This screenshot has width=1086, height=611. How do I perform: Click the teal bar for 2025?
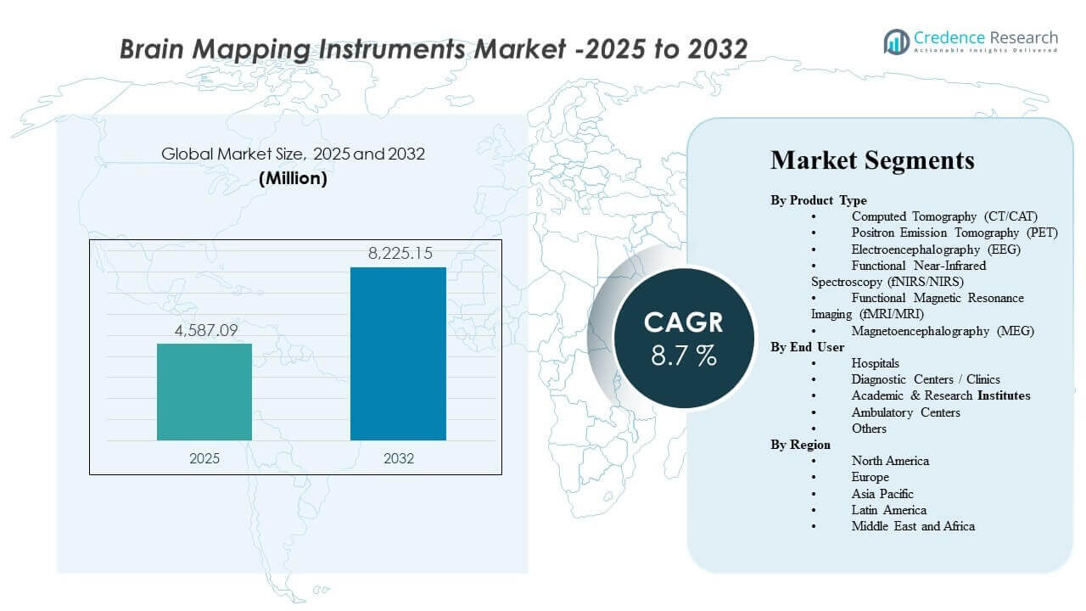204,392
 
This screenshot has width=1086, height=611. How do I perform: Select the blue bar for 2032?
398,354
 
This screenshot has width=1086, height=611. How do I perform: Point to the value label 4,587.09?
204,331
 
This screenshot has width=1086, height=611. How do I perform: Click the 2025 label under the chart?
204,458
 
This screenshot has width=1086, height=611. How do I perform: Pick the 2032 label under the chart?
398,458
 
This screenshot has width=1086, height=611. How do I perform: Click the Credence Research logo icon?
896,41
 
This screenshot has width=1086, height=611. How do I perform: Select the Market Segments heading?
872,160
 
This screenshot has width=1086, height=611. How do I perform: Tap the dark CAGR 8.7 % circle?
684,337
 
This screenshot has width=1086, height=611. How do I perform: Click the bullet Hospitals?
876,363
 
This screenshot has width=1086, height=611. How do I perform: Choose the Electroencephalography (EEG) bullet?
936,249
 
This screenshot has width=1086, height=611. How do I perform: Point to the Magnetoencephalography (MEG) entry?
943,331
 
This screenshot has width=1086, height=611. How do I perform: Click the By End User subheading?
807,347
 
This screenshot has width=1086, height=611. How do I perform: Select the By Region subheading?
801,445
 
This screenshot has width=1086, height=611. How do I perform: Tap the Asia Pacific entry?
882,494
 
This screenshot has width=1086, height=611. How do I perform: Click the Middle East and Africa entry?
913,526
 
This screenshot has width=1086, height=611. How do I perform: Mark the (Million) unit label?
293,179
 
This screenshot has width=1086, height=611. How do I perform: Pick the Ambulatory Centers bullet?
906,412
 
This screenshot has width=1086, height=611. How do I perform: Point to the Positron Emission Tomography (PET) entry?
955,233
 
